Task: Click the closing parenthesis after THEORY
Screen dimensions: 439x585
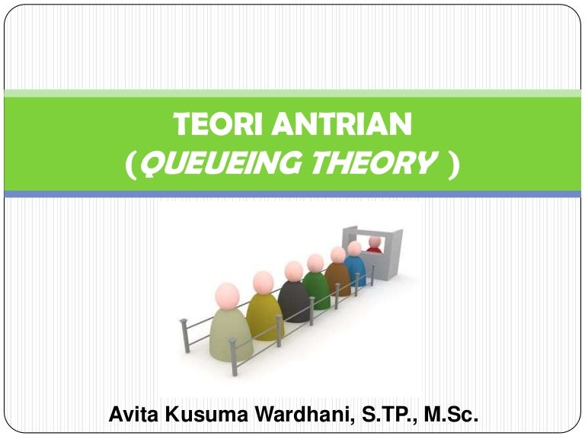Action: [x=455, y=163]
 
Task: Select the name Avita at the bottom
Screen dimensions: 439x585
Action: [x=135, y=416]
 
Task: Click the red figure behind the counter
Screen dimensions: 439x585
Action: [x=374, y=245]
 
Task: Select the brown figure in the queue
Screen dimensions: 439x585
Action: [x=337, y=279]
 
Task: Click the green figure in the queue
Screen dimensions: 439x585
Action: [x=317, y=289]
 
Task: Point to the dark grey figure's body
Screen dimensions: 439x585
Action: [x=293, y=300]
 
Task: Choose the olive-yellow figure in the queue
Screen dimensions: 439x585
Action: [x=264, y=316]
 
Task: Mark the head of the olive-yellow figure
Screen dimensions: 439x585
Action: [x=263, y=282]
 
